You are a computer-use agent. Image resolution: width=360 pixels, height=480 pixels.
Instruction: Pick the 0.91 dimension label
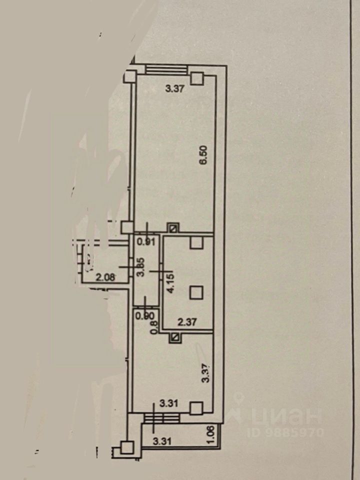[x=145, y=243]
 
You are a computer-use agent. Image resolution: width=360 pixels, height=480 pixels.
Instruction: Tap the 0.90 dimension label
[x=145, y=316]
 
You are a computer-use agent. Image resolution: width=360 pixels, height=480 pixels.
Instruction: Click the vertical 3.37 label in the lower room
[x=204, y=372]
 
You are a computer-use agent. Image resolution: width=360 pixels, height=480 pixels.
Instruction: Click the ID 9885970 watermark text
[x=285, y=431]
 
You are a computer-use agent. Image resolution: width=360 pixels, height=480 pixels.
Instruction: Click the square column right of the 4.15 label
[x=196, y=291]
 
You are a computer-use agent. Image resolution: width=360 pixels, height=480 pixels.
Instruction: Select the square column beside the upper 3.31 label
[x=196, y=408]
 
